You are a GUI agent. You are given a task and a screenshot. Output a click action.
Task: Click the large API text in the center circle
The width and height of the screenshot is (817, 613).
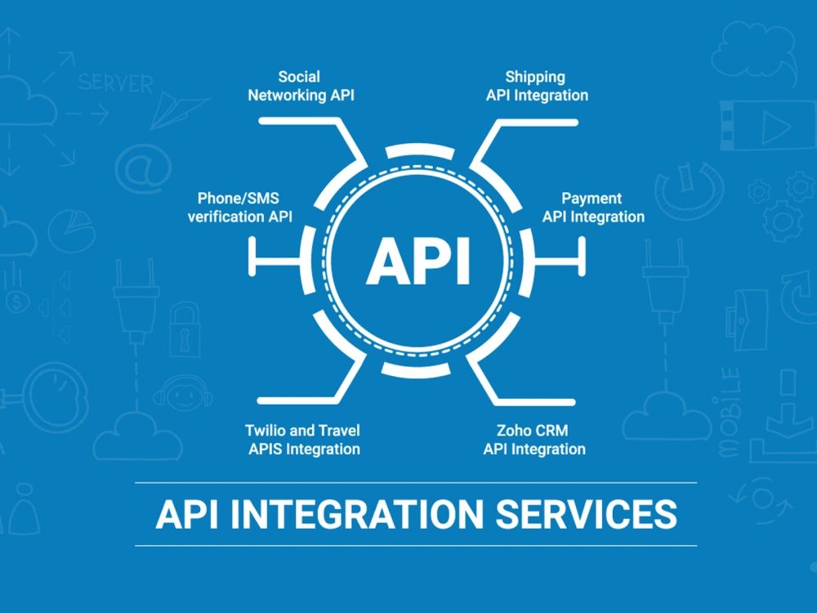point(418,261)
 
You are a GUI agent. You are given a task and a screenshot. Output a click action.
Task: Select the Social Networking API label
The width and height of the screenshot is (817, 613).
point(301,86)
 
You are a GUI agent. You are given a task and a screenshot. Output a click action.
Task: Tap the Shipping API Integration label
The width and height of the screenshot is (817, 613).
point(537,86)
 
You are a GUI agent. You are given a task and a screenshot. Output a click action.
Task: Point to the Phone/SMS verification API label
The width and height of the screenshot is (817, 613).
point(239,208)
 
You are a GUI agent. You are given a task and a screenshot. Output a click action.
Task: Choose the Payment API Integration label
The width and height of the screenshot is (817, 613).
point(593,208)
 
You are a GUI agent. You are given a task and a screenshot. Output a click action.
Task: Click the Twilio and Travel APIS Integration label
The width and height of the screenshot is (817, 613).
point(303,440)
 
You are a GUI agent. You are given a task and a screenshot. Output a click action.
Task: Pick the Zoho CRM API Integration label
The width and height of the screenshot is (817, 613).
point(534,440)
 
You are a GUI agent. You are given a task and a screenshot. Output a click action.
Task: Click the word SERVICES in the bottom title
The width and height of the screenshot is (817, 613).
point(586,514)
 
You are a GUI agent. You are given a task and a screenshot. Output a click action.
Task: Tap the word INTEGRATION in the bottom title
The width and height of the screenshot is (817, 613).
point(357,514)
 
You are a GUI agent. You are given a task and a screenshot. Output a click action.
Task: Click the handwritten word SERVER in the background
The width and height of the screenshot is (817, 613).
point(116,83)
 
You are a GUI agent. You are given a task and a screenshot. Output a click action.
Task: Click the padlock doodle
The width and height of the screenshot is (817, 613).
point(185,329)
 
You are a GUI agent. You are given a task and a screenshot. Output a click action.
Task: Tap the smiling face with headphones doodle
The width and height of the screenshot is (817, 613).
point(183,394)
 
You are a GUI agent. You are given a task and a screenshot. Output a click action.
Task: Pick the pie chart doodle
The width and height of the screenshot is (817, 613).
point(72,230)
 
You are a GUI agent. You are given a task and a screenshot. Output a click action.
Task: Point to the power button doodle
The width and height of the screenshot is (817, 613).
point(689,190)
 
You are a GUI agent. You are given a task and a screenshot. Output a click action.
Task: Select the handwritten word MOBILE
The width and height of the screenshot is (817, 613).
point(730,412)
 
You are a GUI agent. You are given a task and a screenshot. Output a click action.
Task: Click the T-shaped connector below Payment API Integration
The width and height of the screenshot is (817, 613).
point(560,257)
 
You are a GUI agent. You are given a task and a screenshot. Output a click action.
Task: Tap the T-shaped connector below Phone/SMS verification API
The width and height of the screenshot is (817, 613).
point(275,257)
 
